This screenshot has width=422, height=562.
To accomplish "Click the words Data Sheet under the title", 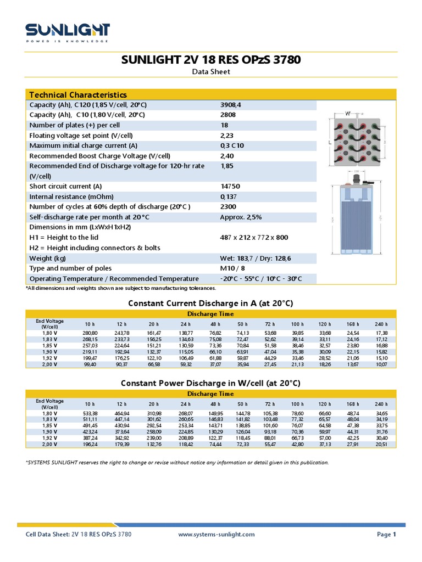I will tap(211, 72).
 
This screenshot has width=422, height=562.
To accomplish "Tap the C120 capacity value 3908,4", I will tap(231, 105).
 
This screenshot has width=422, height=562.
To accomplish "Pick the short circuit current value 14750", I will tap(230, 187).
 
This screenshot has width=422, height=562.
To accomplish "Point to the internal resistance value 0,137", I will tap(229, 196).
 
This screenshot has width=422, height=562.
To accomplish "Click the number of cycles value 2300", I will tap(228, 207).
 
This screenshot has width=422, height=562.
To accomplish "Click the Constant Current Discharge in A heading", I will tap(210, 304).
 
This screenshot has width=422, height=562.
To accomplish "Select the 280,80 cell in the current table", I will tap(90, 333).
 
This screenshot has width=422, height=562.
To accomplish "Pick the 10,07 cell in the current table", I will tap(381, 364).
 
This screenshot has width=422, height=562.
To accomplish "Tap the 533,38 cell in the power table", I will tap(90, 413).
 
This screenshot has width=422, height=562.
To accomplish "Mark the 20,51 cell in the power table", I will tap(381, 444).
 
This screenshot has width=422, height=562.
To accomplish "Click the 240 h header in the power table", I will tap(381, 404).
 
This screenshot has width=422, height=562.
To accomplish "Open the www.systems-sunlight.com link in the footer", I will tap(217, 534).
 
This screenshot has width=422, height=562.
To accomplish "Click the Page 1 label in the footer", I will tap(386, 534).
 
